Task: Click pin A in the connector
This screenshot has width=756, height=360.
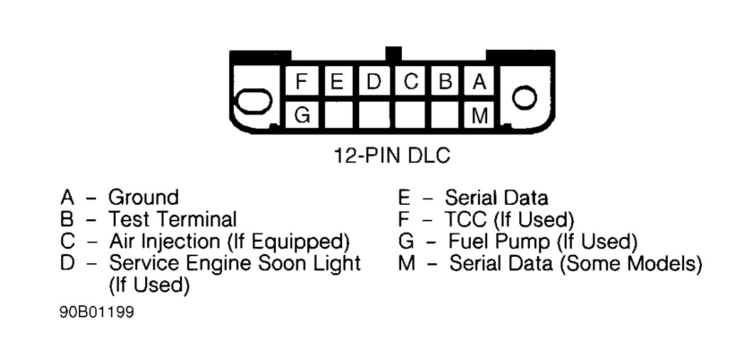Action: click(480, 83)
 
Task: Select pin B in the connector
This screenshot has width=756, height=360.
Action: click(446, 83)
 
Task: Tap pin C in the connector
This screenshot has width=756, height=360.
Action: click(410, 83)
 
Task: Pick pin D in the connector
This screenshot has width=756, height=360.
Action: click(374, 83)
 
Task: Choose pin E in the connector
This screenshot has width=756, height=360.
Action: click(339, 83)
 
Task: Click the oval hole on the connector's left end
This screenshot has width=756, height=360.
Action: click(253, 102)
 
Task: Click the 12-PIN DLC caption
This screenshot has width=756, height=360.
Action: click(392, 155)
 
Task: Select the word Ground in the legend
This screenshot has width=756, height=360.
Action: click(143, 197)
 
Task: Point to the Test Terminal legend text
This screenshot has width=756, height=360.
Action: click(172, 219)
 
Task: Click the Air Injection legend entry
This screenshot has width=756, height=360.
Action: click(229, 241)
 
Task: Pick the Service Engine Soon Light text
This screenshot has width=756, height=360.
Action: click(235, 263)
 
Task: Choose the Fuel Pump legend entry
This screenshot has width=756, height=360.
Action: click(542, 241)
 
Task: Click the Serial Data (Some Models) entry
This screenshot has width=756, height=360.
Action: click(575, 264)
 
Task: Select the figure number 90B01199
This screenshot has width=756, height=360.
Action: click(96, 312)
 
